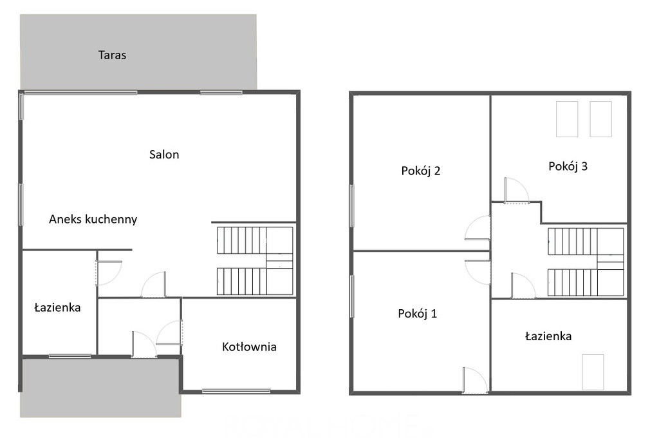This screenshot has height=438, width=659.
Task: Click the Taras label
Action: pyautogui.click(x=112, y=55)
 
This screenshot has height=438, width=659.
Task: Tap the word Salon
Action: pyautogui.click(x=164, y=155)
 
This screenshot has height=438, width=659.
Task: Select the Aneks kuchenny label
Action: pyautogui.click(x=93, y=219)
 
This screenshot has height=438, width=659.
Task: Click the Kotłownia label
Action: pyautogui.click(x=249, y=347)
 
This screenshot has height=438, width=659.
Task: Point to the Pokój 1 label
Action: pyautogui.click(x=417, y=314)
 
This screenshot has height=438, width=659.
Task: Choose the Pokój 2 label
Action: pyautogui.click(x=421, y=171)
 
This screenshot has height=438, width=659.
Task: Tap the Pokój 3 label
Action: pyautogui.click(x=568, y=166)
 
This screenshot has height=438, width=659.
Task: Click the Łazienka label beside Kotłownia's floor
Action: pyautogui.click(x=57, y=308)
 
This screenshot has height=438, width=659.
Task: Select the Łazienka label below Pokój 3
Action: pyautogui.click(x=548, y=336)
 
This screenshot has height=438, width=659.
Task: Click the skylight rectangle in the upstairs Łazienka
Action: pyautogui.click(x=593, y=372)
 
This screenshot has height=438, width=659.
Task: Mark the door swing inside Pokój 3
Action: pyautogui.click(x=517, y=191)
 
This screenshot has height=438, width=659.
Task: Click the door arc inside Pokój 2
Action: pyautogui.click(x=478, y=228)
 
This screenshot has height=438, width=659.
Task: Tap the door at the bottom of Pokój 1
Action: pyautogui.click(x=475, y=381)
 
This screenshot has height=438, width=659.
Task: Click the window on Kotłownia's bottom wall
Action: pyautogui.click(x=236, y=391)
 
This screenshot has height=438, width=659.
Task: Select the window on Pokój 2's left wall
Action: pyautogui.click(x=352, y=205)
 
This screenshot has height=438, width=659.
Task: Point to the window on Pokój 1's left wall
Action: pyautogui.click(x=352, y=296)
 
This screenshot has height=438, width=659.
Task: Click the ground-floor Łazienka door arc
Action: pyautogui.click(x=109, y=274)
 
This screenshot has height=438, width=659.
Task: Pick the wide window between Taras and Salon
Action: pyautogui.click(x=80, y=92)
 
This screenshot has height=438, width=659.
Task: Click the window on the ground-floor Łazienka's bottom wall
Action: pyautogui.click(x=70, y=356)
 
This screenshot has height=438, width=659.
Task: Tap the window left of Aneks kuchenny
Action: pyautogui.click(x=21, y=204)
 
